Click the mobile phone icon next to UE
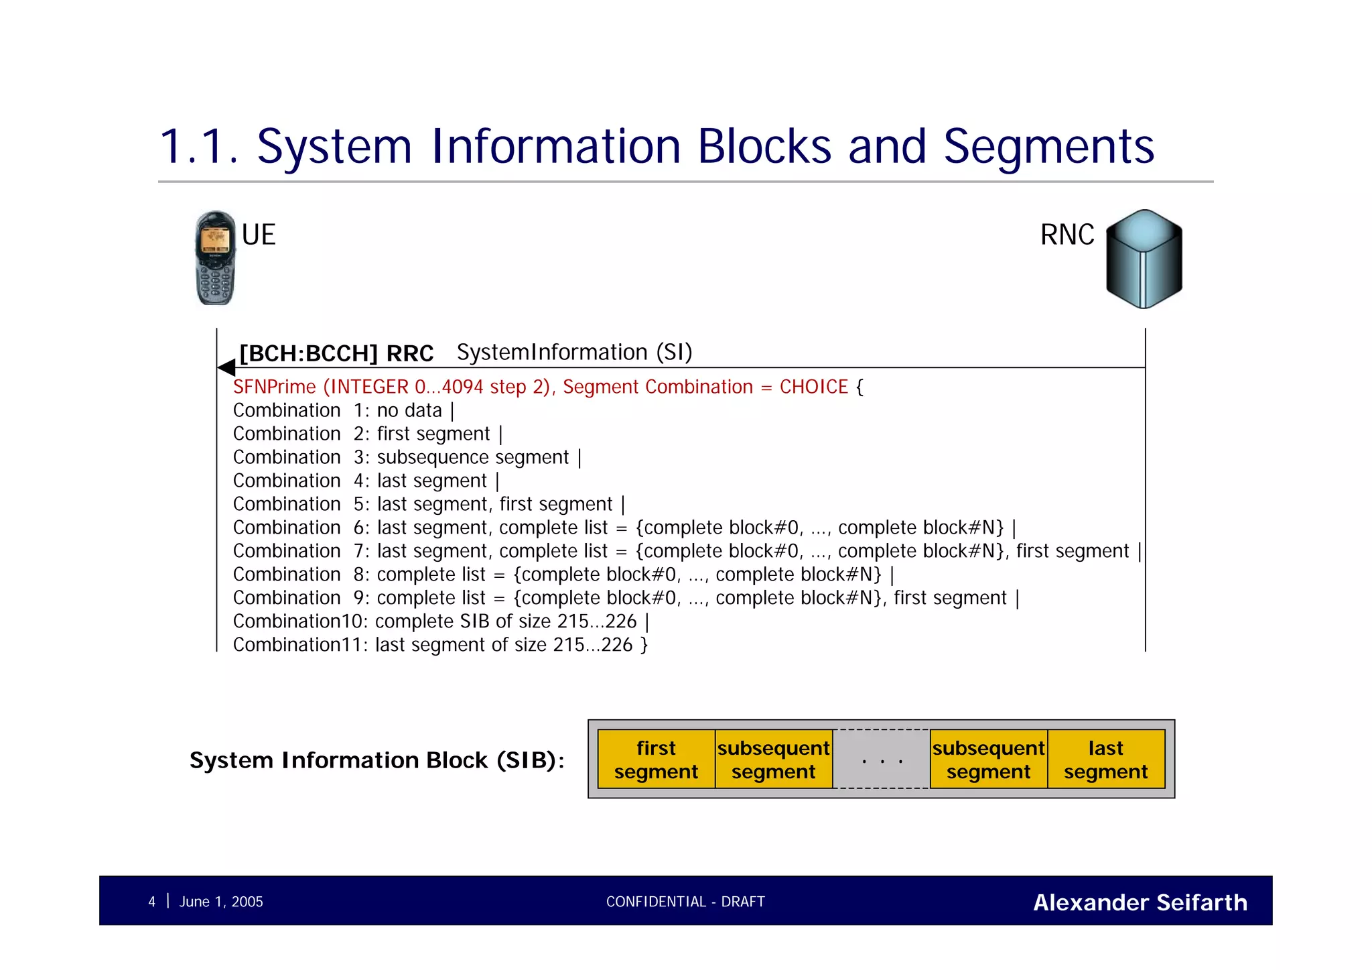coord(215,258)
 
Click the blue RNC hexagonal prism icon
coord(1144,259)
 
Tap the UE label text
coord(259,235)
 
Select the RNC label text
coord(1067,235)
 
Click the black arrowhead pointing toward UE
coord(226,367)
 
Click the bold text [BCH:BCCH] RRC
coord(336,353)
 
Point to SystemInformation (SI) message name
coord(574,352)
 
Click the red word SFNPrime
coord(274,387)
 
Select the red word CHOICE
coord(813,387)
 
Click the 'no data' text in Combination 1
coord(409,410)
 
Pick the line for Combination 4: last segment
coord(365,481)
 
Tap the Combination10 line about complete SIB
coord(440,621)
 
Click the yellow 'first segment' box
coord(656,760)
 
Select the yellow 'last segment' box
coord(1105,760)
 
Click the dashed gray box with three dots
coord(882,760)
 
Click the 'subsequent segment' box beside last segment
coord(988,760)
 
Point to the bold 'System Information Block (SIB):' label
coord(376,760)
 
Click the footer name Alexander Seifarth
coord(1140,902)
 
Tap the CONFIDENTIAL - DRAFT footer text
coord(685,902)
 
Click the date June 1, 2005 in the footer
coord(221,902)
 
